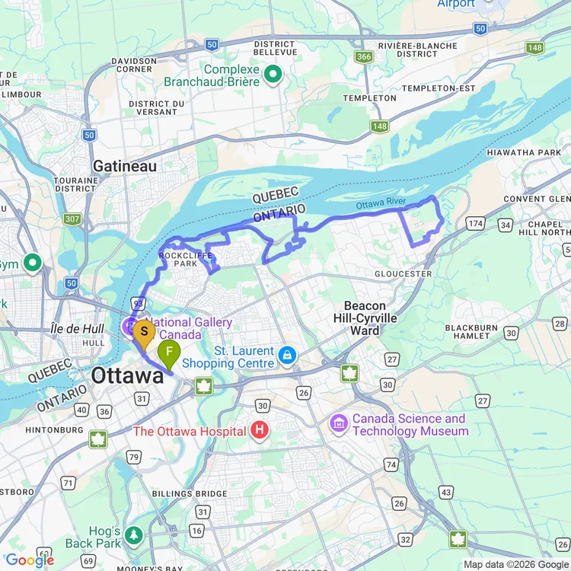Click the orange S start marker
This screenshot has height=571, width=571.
click(x=144, y=332)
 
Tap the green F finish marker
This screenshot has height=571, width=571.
click(x=169, y=352)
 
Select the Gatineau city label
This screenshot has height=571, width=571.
click(x=124, y=166)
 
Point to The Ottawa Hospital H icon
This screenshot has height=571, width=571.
click(x=260, y=432)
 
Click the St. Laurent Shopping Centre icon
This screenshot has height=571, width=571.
click(x=287, y=355)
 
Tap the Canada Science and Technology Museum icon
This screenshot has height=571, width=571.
click(x=340, y=422)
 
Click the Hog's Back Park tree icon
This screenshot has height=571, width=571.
click(x=135, y=534)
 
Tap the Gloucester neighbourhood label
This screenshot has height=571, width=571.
click(x=404, y=273)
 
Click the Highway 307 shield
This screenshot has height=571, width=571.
click(x=72, y=219)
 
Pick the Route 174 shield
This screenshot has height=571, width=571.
click(x=476, y=223)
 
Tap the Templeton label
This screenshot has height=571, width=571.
click(x=369, y=98)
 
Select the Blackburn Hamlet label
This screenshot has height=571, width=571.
click(x=472, y=332)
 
